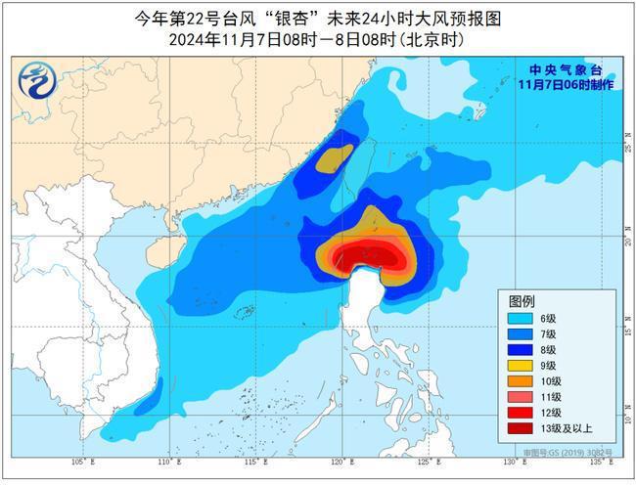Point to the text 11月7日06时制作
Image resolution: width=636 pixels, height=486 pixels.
point(565,85)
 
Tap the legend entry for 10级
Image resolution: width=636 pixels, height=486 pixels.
point(539,380)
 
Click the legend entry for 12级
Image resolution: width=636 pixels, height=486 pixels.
point(539,412)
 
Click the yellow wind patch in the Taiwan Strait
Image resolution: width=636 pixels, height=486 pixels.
point(334,157)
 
